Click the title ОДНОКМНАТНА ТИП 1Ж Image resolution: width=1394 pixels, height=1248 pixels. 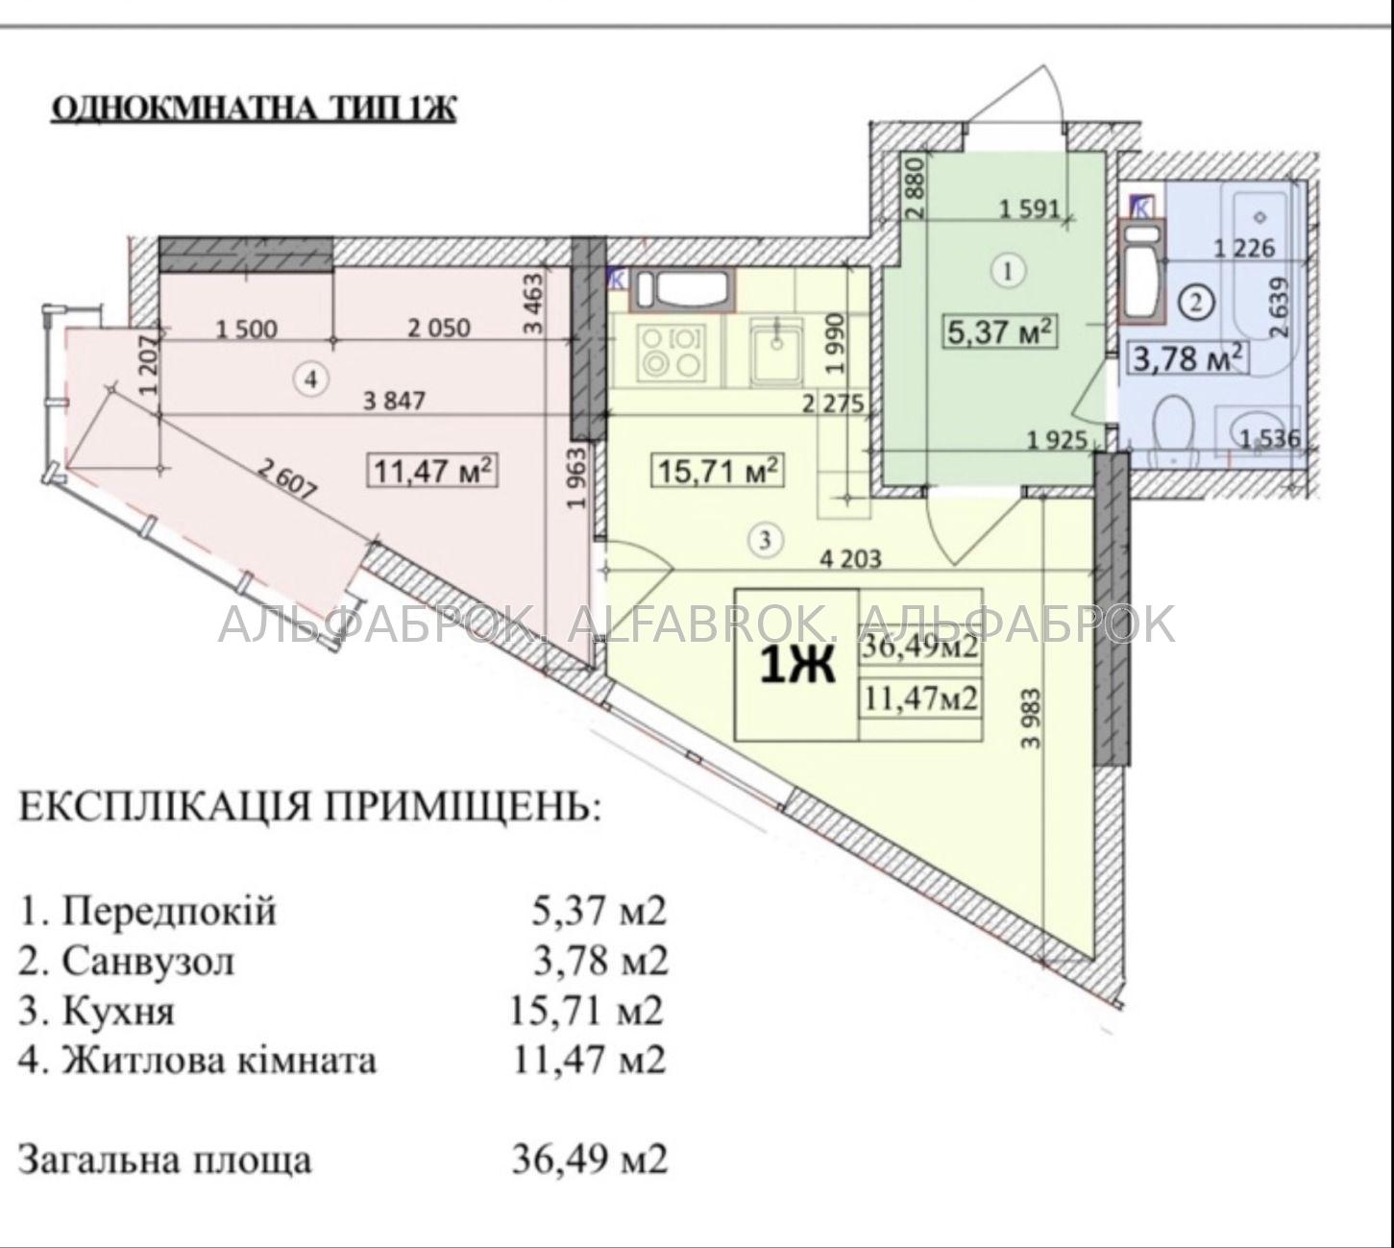[x=254, y=110]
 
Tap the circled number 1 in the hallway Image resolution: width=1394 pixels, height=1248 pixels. [x=1008, y=272]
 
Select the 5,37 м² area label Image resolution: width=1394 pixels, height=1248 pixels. [x=1001, y=333]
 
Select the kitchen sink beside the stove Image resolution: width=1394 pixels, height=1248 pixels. [x=777, y=352]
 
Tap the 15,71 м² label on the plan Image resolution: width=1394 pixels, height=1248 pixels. [x=719, y=472]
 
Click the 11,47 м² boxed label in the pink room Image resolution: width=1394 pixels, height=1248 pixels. [x=432, y=472]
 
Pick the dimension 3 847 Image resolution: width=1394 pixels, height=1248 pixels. [x=394, y=401]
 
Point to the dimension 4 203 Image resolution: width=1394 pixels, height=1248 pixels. [x=850, y=558]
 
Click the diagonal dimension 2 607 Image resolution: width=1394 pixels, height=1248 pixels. [x=287, y=478]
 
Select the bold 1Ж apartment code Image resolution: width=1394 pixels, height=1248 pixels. [x=797, y=666]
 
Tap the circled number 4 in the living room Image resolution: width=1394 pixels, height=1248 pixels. [x=311, y=379]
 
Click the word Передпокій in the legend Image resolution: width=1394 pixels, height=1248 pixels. [x=169, y=912]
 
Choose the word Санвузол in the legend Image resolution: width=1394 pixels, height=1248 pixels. [x=148, y=961]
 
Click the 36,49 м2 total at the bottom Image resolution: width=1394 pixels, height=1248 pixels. [x=589, y=1160]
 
